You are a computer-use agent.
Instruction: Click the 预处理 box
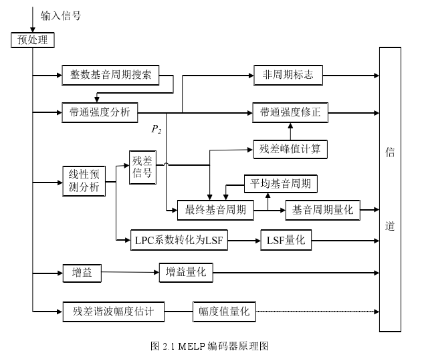[32, 40]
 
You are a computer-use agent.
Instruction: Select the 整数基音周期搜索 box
[111, 75]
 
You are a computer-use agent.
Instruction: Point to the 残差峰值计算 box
[290, 148]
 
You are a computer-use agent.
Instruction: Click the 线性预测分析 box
[84, 180]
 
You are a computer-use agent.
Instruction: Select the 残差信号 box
[142, 167]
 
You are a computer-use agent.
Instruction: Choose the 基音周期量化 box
[322, 210]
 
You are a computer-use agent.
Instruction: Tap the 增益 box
[82, 272]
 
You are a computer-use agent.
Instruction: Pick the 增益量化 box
[185, 272]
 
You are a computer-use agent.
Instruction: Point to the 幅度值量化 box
[225, 311]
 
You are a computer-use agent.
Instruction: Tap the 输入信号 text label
[61, 15]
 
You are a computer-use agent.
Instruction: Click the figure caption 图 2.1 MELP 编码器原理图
[210, 346]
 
